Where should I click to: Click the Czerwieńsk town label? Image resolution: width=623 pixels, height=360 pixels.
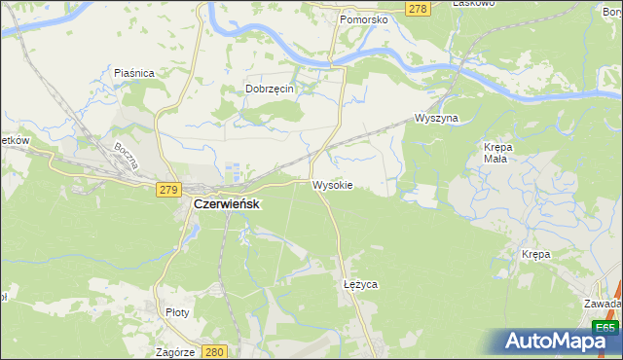point(225,205)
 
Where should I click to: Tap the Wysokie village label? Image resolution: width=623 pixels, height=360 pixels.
point(332,185)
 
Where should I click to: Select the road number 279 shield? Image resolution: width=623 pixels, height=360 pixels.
point(166,191)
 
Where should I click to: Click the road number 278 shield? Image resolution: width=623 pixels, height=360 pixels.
point(417,9)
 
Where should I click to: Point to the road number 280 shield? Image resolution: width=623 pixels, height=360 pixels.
point(215,352)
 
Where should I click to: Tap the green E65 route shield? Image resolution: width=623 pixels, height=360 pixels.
point(604,328)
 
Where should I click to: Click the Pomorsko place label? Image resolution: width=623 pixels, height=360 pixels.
point(364,19)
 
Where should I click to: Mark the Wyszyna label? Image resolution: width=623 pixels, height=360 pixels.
point(435,118)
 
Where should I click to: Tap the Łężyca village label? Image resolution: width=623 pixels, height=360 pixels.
point(360,284)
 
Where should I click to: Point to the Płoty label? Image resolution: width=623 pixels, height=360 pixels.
point(177,312)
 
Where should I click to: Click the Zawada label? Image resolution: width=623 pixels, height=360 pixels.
point(603,304)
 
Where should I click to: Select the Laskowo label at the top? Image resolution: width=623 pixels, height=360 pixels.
point(474,4)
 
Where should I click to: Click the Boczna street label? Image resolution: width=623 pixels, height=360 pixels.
point(124,157)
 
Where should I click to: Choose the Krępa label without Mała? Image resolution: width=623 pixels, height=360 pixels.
point(535,254)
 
